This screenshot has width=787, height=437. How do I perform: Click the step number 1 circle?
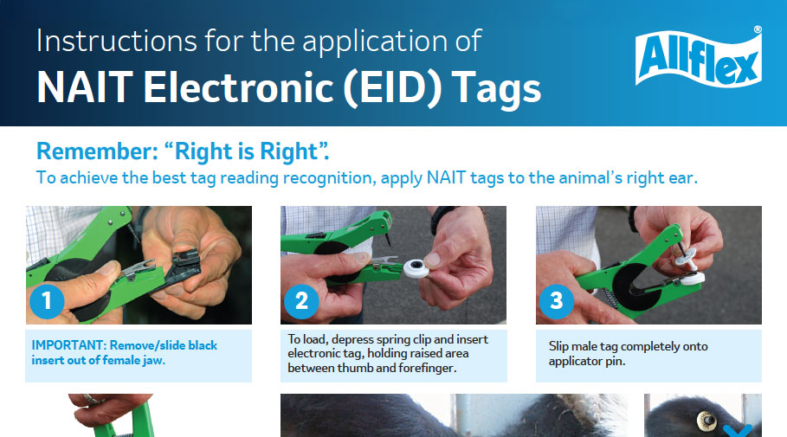click(x=47, y=301)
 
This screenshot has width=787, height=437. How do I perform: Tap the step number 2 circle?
click(x=301, y=301)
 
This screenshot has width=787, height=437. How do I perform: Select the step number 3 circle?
click(x=557, y=301)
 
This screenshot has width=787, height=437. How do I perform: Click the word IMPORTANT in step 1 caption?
click(x=68, y=345)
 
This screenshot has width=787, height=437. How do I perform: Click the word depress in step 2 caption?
click(x=351, y=339)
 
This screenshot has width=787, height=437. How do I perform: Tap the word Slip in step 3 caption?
click(x=560, y=346)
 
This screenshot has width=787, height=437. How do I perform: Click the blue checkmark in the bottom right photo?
click(x=738, y=429)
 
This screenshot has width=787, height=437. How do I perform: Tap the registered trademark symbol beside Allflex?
click(x=758, y=29)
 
